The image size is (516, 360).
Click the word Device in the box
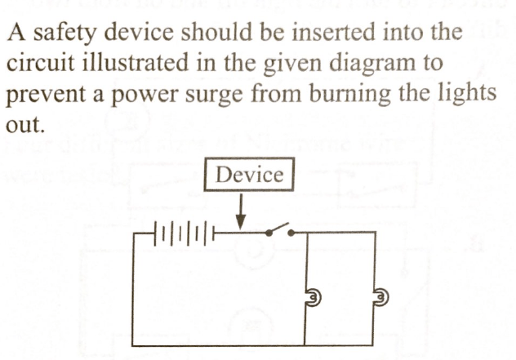tap(249, 175)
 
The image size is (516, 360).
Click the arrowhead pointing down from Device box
tap(241, 223)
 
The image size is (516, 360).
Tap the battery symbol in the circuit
tap(184, 233)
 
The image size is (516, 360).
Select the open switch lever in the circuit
tap(278, 228)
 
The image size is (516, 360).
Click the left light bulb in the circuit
tap(313, 297)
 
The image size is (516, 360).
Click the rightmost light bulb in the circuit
tap(381, 297)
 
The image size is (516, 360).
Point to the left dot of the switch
tap(269, 233)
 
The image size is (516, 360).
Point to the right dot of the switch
tap(291, 233)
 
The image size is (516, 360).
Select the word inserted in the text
tap(334, 33)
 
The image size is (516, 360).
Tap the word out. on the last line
tap(24, 125)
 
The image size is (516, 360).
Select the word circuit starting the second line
tap(41, 63)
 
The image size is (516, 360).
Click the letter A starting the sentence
tap(16, 33)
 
